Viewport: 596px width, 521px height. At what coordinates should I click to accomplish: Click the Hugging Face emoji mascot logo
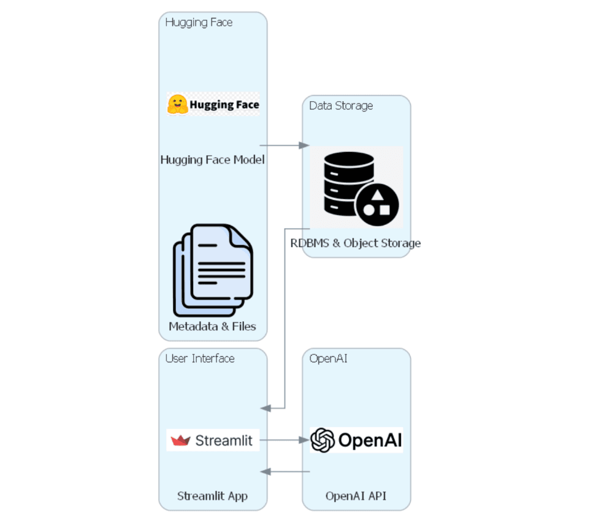tap(177, 104)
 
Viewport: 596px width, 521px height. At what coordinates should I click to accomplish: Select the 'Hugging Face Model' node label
tap(212, 160)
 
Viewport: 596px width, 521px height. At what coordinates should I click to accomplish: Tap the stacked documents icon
tap(213, 269)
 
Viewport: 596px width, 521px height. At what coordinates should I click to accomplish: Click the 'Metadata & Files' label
tap(212, 326)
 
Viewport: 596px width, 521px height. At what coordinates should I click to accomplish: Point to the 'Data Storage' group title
tap(340, 106)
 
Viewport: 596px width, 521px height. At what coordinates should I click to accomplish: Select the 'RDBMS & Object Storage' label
tap(356, 243)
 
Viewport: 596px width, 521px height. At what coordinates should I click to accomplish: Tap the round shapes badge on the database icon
tap(378, 203)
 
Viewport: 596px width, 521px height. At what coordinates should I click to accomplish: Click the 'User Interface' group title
tap(200, 359)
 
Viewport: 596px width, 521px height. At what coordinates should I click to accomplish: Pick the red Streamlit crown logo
tap(180, 440)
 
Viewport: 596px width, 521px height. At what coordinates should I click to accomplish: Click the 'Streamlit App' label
tap(212, 496)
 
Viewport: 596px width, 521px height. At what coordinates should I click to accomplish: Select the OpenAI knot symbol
tap(322, 440)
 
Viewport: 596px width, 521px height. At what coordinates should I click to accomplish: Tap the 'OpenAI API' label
tap(356, 496)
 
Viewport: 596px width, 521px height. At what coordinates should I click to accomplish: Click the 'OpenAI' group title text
tap(328, 359)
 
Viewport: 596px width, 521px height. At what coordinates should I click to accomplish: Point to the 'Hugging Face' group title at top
tap(199, 23)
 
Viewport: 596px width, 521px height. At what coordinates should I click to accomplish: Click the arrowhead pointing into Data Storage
tap(305, 145)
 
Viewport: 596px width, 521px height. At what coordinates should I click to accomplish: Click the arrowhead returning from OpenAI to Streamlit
tap(266, 471)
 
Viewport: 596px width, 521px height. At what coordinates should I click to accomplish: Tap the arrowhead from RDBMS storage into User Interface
tap(266, 408)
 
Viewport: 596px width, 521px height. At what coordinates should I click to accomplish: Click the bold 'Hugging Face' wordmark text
tap(224, 105)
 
